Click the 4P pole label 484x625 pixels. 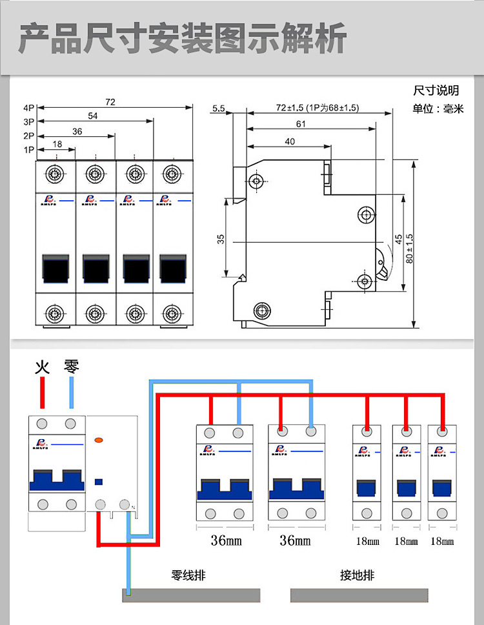coord(28,108)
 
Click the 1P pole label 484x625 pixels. coord(28,150)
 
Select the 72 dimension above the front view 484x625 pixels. coord(110,102)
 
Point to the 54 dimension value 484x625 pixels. coord(93,116)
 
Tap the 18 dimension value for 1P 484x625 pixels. coord(57,144)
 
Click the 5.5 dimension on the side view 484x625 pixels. coord(218,108)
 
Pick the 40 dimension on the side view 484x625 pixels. coord(289,141)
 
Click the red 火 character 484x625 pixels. coord(42,367)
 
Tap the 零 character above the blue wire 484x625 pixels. coord(71,367)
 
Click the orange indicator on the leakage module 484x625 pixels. coord(99,440)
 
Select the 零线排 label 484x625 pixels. coord(188,575)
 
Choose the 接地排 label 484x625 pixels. coord(357,575)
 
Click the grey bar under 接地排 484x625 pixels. coord(359,595)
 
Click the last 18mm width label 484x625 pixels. coord(442,541)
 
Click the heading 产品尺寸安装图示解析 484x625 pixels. coord(183,38)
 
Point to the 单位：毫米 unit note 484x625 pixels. coord(438,109)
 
